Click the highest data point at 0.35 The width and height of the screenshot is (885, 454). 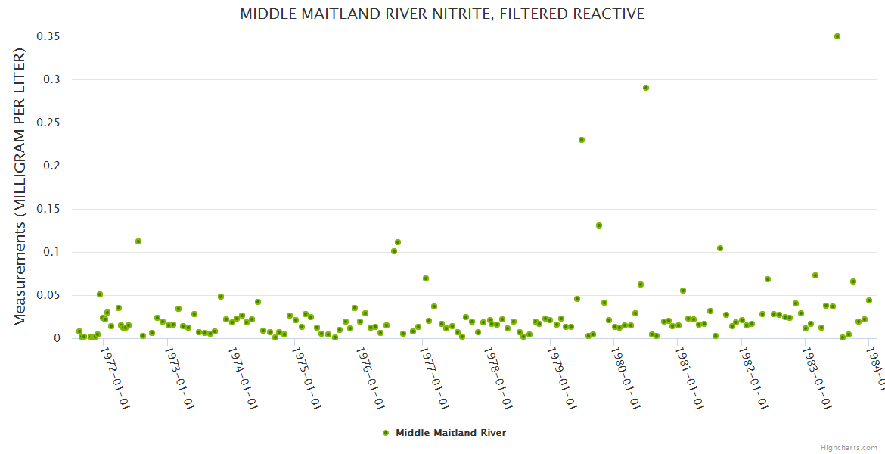coord(837,36)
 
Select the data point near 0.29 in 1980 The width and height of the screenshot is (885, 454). coord(645,88)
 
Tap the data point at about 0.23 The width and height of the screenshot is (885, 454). coord(581,140)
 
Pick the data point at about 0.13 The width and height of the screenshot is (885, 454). coord(598,225)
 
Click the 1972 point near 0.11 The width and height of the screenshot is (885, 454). coord(138,241)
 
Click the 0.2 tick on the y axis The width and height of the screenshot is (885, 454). coord(52,166)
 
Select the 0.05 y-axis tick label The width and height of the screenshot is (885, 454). coord(48,295)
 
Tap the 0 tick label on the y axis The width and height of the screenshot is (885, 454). coord(56,338)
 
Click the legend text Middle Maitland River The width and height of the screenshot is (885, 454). coord(450,433)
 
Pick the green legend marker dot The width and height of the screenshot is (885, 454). coord(386,433)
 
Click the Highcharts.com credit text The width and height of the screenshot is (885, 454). coord(849,447)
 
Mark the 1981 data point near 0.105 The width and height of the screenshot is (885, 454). coord(719,248)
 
